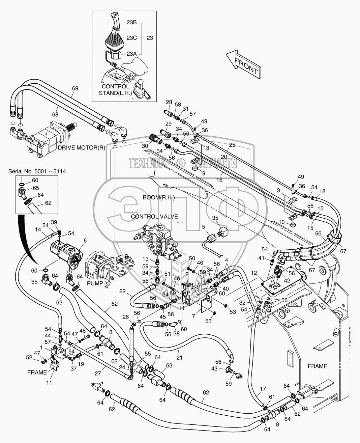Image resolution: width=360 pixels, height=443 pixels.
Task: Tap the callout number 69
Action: pyautogui.click(x=75, y=88)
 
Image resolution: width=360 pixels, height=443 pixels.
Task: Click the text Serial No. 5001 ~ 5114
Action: pyautogui.click(x=37, y=171)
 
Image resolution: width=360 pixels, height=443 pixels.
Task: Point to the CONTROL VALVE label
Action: pyautogui.click(x=154, y=216)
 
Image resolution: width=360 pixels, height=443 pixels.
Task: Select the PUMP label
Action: pyautogui.click(x=94, y=283)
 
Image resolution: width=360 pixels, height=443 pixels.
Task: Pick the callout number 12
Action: pyautogui.click(x=254, y=272)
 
